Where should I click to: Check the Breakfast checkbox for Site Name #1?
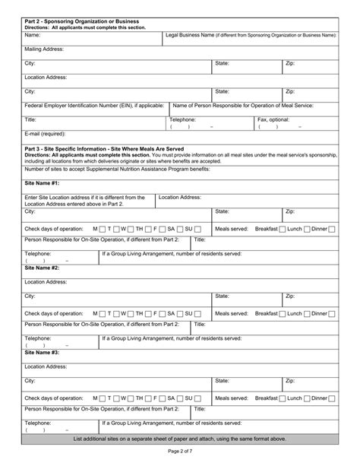tap(283, 229)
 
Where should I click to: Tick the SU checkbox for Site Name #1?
tap(197, 229)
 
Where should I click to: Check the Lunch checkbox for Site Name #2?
tap(308, 313)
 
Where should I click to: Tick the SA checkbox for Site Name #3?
tap(181, 398)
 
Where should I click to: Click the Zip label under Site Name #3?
tap(289, 380)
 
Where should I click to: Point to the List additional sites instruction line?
tap(179, 439)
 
